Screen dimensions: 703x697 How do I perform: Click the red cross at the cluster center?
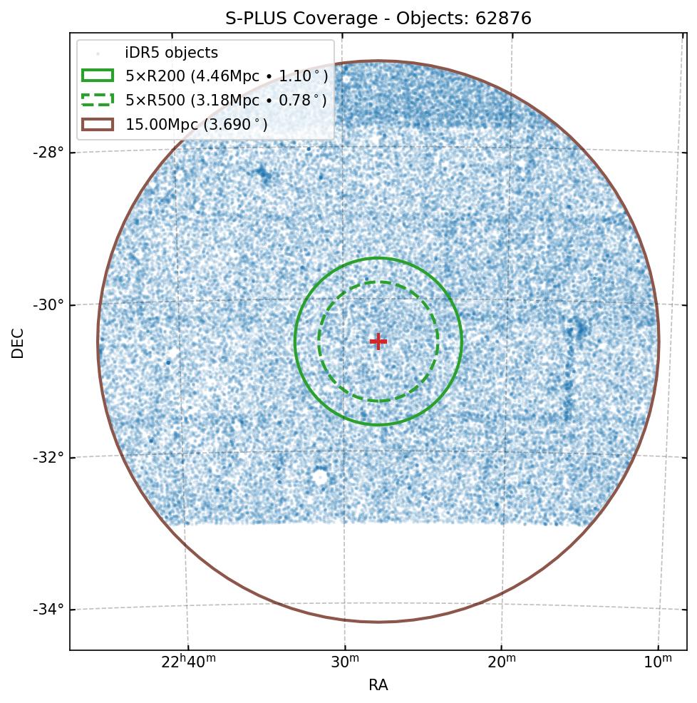click(378, 342)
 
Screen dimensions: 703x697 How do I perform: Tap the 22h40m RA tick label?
click(188, 663)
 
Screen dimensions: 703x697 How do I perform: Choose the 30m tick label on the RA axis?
click(345, 663)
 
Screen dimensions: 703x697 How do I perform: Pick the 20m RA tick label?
click(502, 663)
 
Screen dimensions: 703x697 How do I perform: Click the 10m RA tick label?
click(658, 663)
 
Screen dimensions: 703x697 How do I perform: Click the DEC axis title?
click(18, 342)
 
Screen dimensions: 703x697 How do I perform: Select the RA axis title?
click(378, 686)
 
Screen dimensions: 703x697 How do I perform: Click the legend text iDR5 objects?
click(172, 53)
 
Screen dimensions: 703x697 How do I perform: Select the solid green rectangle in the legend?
click(98, 76)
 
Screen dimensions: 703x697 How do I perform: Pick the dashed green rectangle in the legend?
click(98, 101)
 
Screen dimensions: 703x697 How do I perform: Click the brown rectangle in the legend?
click(98, 125)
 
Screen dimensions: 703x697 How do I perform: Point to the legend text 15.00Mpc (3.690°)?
click(197, 125)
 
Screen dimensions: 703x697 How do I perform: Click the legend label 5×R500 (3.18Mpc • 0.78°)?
click(227, 101)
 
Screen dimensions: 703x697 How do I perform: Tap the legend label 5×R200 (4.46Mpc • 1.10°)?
click(227, 76)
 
